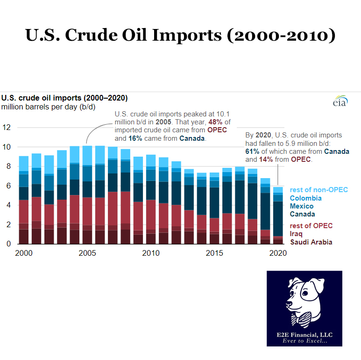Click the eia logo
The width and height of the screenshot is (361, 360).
click(x=340, y=102)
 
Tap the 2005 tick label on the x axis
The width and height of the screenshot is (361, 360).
click(x=87, y=253)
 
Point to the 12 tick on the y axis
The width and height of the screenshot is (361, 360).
click(x=7, y=127)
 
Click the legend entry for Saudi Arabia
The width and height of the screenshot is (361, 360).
click(x=311, y=242)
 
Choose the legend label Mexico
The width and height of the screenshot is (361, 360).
click(x=302, y=206)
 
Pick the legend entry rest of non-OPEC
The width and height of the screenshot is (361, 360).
click(x=319, y=189)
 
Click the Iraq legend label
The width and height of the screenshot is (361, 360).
click(x=297, y=234)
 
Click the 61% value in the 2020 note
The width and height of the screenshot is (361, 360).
click(x=253, y=151)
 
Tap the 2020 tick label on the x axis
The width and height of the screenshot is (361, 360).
click(x=278, y=253)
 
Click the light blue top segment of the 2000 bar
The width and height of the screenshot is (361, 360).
click(x=24, y=164)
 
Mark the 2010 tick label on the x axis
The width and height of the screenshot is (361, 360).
click(x=150, y=253)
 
